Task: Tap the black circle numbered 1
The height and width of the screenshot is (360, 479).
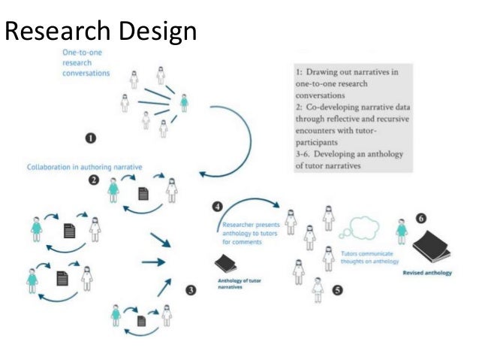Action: [x=91, y=138]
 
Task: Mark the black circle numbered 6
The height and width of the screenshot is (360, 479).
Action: [x=421, y=218]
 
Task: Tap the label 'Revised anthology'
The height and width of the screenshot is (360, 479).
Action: [x=426, y=273]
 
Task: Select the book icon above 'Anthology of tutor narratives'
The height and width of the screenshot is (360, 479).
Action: [x=226, y=265]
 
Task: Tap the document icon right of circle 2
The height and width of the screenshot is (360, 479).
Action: [x=143, y=194]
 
